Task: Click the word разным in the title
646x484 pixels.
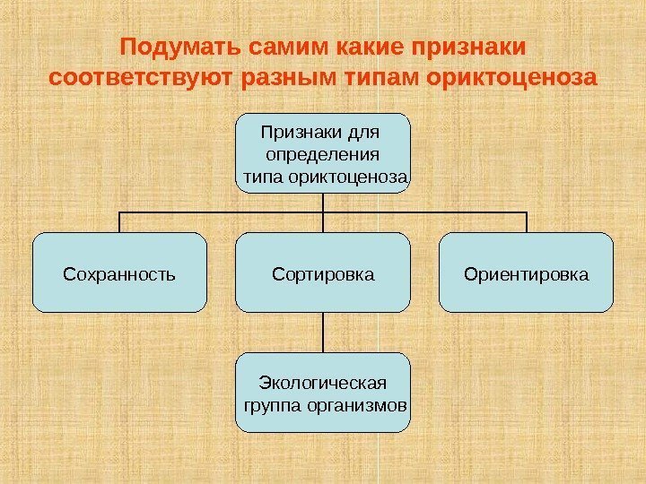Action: tap(286, 76)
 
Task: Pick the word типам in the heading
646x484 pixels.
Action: tap(379, 76)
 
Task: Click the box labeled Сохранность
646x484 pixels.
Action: tap(119, 272)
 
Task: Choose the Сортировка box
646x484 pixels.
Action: tap(323, 272)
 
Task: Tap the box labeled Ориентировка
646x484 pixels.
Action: tap(527, 272)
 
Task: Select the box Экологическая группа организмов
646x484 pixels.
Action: tap(323, 393)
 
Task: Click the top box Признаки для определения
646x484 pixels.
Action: tap(323, 152)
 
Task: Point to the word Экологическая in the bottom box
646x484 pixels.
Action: tap(323, 384)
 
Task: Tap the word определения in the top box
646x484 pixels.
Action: tap(323, 153)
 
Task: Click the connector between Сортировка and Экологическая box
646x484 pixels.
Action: tap(323, 332)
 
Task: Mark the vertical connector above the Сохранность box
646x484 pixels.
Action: tap(119, 222)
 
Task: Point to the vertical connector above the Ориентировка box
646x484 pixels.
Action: tap(527, 222)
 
